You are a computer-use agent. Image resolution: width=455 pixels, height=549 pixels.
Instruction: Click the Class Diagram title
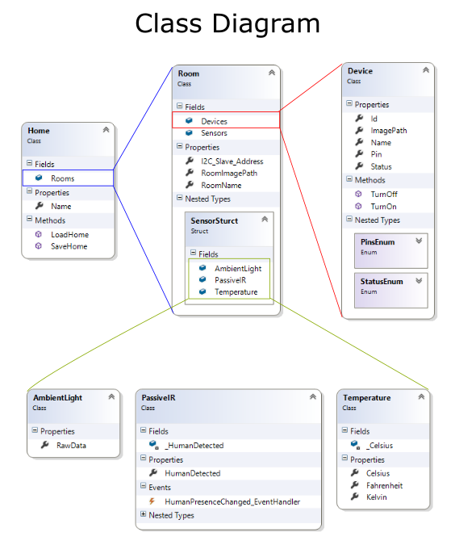pos(227,23)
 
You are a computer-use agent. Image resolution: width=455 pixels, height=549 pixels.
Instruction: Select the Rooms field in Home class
pos(62,178)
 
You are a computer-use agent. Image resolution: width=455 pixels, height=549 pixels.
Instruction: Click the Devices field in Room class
pos(214,121)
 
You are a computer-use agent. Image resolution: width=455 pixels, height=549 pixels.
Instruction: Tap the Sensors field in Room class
pos(214,133)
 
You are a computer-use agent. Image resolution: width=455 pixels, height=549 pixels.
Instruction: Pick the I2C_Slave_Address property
pos(232,161)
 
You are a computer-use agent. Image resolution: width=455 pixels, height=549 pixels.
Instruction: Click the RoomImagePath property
pos(229,173)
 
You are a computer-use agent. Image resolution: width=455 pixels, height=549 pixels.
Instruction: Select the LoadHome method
pos(69,234)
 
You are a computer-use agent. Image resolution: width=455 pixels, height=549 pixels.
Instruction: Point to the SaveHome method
pos(69,246)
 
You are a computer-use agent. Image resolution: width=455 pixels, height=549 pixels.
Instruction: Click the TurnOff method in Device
pos(383,194)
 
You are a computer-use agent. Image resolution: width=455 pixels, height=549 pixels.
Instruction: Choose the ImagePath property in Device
pos(388,130)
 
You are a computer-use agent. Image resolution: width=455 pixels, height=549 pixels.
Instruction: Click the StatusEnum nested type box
pos(390,287)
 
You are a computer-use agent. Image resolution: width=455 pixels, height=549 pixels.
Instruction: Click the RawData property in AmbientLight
pos(71,445)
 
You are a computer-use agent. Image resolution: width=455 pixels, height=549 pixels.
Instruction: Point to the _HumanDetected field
pos(194,445)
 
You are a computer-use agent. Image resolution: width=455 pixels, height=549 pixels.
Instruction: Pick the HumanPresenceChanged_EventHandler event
pos(232,501)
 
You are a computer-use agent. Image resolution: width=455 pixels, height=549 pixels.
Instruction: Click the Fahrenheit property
pos(384,485)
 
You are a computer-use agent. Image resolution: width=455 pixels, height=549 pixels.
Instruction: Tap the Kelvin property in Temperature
pos(376,497)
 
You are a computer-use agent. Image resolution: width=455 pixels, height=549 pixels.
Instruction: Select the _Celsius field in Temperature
pos(379,445)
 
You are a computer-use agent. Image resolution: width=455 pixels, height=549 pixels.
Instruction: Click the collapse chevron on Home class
pos(106,130)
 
